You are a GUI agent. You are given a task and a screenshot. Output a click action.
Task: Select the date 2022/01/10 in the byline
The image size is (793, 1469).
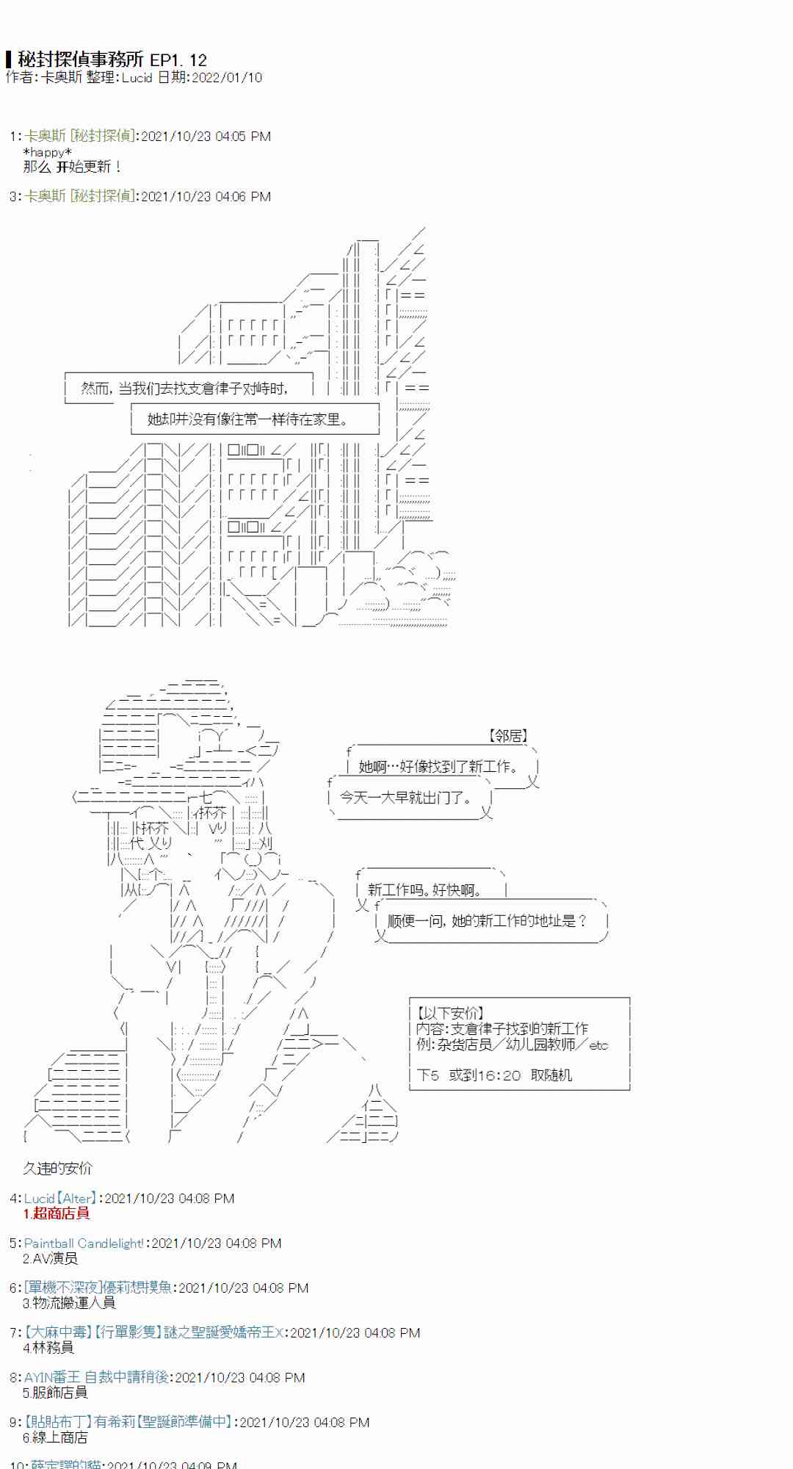coord(226,77)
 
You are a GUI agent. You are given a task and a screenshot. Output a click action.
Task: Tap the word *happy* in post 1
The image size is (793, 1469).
coord(48,152)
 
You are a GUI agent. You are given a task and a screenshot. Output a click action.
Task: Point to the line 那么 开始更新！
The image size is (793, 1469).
coord(72,167)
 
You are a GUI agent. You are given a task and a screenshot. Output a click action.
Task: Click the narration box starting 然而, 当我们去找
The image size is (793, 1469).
coord(184,388)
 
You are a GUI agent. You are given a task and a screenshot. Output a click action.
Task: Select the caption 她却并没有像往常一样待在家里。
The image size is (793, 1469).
coord(247,419)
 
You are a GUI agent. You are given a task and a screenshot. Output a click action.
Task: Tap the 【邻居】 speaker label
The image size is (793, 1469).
coord(508,735)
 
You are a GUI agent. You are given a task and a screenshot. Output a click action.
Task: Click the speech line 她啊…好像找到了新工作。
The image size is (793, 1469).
coord(438,767)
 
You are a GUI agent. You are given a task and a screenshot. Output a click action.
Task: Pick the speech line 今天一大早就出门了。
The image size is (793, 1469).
coord(406,798)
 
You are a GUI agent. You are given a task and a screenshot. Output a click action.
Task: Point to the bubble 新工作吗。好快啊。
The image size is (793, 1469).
coord(424,889)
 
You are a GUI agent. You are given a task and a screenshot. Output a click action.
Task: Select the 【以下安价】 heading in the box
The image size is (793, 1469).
coord(450,1013)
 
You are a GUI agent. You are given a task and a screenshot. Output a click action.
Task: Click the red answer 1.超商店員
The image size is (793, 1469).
coord(57,1213)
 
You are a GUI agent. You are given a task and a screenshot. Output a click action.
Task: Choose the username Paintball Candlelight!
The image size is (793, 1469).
coord(84,1243)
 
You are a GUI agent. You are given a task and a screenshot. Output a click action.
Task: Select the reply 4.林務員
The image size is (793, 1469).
coord(48,1348)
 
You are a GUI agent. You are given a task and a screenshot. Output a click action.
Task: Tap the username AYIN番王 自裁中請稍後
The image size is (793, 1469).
coord(96,1377)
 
